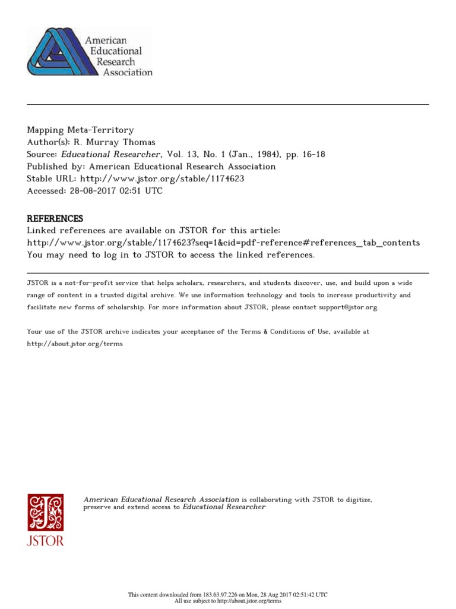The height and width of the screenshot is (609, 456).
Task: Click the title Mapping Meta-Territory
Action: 80,130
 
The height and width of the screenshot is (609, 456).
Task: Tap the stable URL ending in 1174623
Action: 162,179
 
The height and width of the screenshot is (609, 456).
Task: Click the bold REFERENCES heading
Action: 55,218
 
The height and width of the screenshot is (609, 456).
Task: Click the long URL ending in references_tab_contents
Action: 223,243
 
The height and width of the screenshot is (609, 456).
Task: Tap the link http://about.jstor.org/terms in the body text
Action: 75,344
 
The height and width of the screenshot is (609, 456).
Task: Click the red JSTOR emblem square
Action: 45,512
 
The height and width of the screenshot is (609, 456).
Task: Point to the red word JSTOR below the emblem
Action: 45,541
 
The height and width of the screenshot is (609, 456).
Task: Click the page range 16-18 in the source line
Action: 313,155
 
